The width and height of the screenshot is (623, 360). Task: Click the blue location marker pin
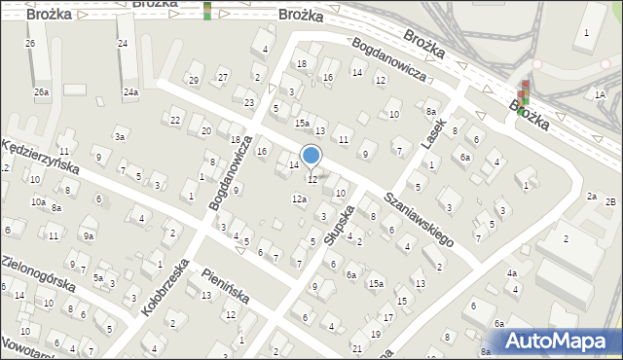tap(311, 156)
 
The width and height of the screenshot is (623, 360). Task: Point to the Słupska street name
tap(337, 224)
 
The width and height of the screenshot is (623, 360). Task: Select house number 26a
tap(41, 92)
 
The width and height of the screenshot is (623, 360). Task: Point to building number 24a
tap(130, 92)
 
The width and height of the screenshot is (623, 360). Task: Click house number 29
tap(194, 80)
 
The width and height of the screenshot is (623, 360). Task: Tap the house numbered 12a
tap(299, 199)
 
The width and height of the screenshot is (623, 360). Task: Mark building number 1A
tap(600, 94)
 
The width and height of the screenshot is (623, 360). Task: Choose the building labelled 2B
tap(610, 201)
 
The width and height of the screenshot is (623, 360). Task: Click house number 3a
tap(120, 137)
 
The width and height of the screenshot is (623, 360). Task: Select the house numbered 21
tap(357, 347)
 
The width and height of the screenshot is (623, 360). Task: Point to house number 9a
tap(89, 235)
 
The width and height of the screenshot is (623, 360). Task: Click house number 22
tap(175, 120)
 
